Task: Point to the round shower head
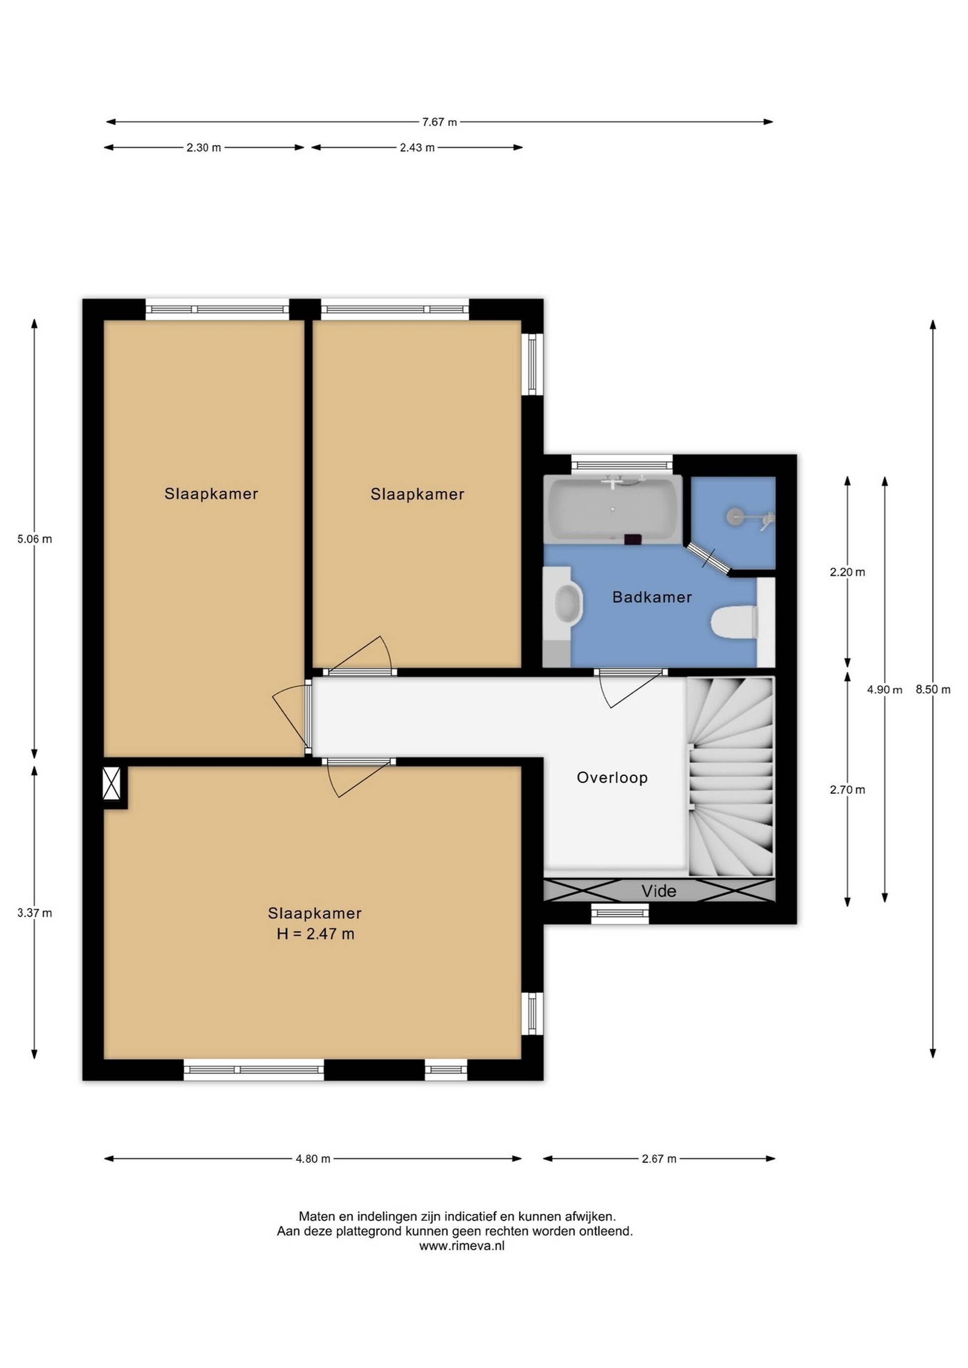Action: tap(737, 516)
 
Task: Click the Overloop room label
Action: tap(612, 778)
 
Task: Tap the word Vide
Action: tap(658, 891)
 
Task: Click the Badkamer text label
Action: tap(652, 597)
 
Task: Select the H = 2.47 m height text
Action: tap(315, 934)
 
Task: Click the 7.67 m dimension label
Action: tap(439, 122)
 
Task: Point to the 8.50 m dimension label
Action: tap(933, 690)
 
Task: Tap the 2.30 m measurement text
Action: tap(204, 148)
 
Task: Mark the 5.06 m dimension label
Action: tap(35, 539)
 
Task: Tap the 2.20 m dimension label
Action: tap(848, 572)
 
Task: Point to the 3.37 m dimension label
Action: tap(35, 913)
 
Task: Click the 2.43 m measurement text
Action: tap(417, 148)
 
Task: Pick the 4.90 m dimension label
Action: tap(884, 690)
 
